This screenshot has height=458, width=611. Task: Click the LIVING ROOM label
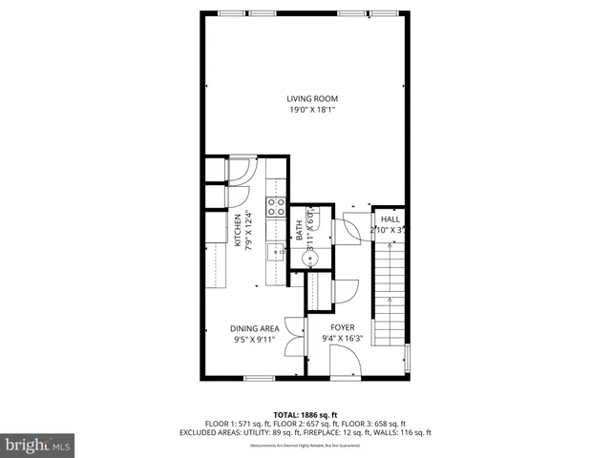pyautogui.click(x=312, y=99)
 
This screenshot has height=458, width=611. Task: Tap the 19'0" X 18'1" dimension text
pyautogui.click(x=312, y=111)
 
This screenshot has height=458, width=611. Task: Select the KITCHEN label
pyautogui.click(x=238, y=230)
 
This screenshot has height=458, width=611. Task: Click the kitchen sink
pyautogui.click(x=276, y=252)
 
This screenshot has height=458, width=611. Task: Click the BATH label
pyautogui.click(x=299, y=230)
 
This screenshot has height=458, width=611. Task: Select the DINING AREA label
pyautogui.click(x=254, y=328)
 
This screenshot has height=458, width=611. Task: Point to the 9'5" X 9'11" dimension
pyautogui.click(x=254, y=340)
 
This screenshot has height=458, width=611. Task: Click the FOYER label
pyautogui.click(x=343, y=328)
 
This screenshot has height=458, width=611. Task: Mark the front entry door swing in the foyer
pyautogui.click(x=345, y=362)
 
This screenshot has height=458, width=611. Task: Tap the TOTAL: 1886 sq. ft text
pyautogui.click(x=305, y=415)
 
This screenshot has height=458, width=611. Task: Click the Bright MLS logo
pyautogui.click(x=37, y=445)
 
